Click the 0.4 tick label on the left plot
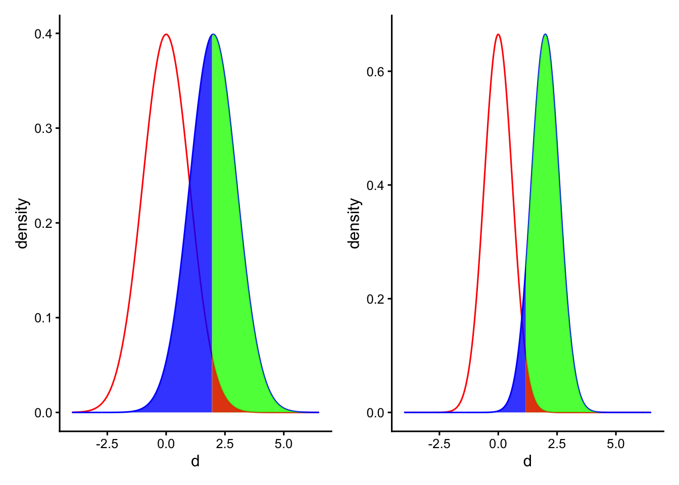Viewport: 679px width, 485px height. tap(43, 34)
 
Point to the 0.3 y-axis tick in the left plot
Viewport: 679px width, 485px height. tap(43, 128)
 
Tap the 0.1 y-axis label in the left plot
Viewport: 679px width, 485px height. tap(43, 318)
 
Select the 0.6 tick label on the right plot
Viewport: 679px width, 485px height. tap(376, 71)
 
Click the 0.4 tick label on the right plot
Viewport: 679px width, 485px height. tap(376, 185)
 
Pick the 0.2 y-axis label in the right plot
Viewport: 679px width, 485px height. tap(376, 299)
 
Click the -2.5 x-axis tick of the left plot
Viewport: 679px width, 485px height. tap(107, 444)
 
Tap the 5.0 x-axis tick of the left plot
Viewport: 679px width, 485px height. tap(283, 444)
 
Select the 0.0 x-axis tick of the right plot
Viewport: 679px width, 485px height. tap(498, 444)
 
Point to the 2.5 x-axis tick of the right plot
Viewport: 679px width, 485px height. tap(557, 444)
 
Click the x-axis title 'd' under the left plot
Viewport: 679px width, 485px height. tap(195, 461)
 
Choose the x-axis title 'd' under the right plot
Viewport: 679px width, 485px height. tap(527, 461)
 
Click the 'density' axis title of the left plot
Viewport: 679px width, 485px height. tap(22, 223)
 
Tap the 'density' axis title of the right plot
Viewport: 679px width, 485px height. tap(355, 223)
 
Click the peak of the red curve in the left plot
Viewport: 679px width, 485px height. tap(166, 34)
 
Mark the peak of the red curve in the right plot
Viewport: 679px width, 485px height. tap(498, 34)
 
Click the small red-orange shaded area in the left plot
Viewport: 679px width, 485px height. tap(218, 399)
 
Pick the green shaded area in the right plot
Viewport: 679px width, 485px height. tap(548, 253)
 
